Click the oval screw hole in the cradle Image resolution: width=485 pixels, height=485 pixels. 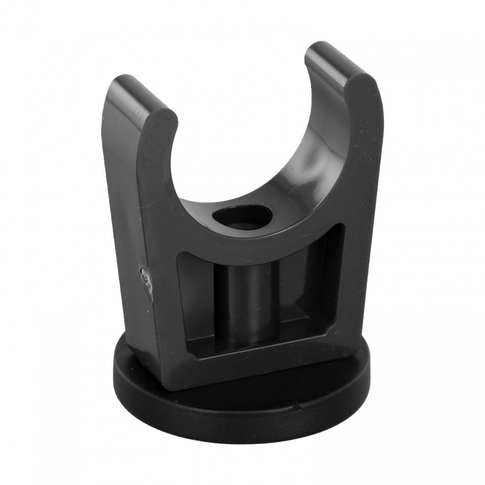point(242,217)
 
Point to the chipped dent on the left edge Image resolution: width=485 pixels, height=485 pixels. point(146,279)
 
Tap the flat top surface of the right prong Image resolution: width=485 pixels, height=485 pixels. point(332,59)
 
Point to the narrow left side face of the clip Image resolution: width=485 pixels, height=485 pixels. point(121,213)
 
